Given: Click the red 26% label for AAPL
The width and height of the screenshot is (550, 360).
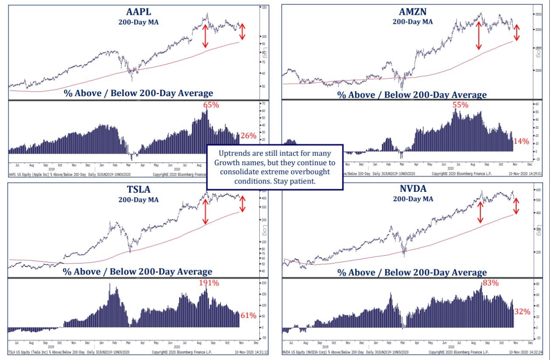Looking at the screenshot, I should (248, 136).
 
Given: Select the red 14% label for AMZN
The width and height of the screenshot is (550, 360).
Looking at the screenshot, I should (521, 141).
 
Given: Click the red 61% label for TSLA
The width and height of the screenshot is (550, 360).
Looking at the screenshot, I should (248, 316).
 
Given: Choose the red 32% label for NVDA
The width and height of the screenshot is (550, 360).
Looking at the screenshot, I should (522, 312).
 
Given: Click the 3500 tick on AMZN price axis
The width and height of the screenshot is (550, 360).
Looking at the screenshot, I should (538, 14).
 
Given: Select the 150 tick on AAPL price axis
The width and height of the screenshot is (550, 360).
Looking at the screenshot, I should (264, 8).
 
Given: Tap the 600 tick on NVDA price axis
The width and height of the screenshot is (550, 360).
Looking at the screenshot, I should (538, 189).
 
